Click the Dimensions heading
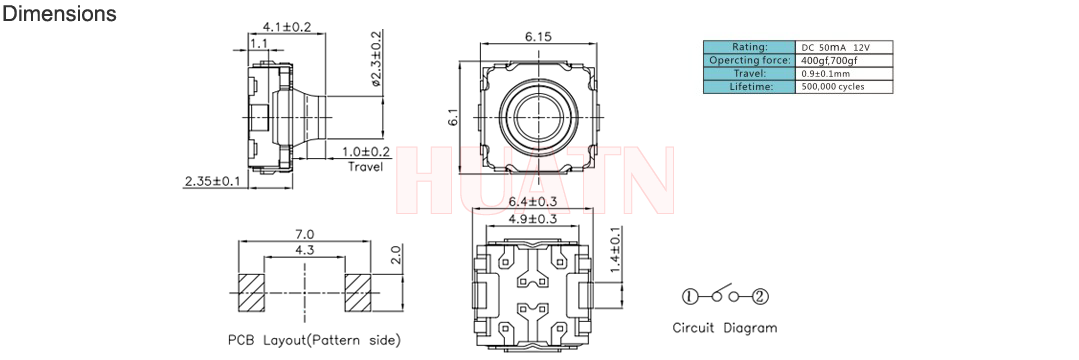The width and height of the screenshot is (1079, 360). (x=60, y=14)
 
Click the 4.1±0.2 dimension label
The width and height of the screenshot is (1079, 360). (x=287, y=28)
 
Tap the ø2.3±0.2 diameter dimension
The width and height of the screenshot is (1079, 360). (x=376, y=59)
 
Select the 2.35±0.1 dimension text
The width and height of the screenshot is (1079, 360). (x=212, y=182)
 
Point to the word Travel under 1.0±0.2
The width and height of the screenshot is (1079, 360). (x=365, y=167)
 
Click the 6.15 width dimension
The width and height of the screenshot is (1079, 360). (x=538, y=37)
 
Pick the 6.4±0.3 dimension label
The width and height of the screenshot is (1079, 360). (x=533, y=202)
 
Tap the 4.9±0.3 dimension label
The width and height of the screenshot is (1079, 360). (x=533, y=219)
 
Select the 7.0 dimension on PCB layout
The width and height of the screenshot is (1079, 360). (x=305, y=234)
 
